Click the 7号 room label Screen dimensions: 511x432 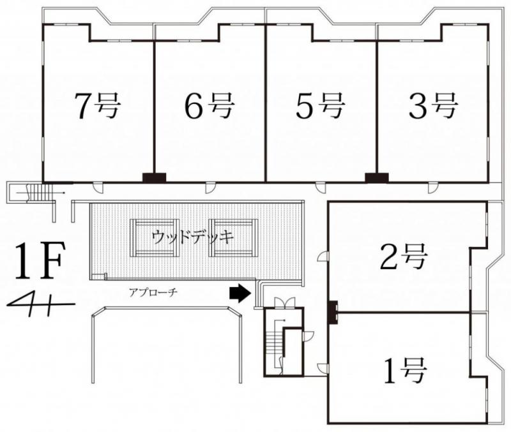click(x=98, y=105)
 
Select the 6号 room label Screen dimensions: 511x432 click(x=210, y=105)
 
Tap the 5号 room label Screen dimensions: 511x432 click(x=320, y=105)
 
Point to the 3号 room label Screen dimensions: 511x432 click(x=433, y=105)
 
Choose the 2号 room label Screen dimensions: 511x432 click(x=404, y=257)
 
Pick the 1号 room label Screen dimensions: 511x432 click(x=405, y=371)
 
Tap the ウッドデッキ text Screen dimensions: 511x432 click(x=194, y=237)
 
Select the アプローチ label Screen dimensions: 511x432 click(x=153, y=293)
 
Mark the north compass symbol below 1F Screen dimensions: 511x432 click(x=41, y=304)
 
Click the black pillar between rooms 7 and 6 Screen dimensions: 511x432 click(x=155, y=177)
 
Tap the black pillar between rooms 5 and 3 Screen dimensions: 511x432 click(x=377, y=177)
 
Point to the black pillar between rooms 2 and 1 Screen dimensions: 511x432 click(x=333, y=312)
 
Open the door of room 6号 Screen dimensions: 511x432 click(x=210, y=188)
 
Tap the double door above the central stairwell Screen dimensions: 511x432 click(x=285, y=302)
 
